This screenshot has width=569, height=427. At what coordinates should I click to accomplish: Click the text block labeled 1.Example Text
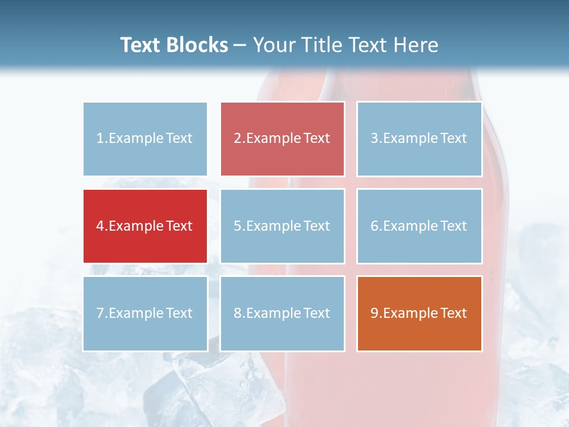point(145,139)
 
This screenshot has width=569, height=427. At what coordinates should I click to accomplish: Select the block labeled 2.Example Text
point(282,139)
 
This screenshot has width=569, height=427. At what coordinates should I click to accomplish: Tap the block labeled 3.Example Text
point(419,139)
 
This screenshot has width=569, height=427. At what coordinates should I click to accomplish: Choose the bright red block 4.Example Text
point(145,226)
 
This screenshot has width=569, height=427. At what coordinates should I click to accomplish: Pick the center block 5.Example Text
point(282,226)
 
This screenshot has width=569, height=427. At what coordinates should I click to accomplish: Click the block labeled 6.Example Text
point(419,226)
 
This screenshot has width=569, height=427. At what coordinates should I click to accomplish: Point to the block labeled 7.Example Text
point(145,313)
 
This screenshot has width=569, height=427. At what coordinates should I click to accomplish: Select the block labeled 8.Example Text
point(282,313)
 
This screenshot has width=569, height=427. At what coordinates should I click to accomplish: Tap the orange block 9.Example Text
point(419,313)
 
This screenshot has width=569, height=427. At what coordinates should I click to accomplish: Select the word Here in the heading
point(418,45)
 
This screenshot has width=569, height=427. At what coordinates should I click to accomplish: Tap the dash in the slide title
point(241,46)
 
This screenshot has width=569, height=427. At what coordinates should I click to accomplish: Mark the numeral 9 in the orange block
point(375,313)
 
